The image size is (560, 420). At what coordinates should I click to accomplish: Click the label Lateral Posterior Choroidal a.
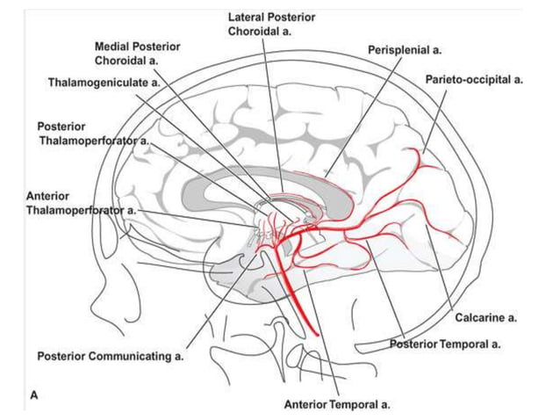[271, 24]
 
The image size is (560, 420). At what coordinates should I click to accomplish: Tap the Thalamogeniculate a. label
[104, 82]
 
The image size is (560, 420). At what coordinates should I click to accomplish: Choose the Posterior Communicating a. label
[110, 357]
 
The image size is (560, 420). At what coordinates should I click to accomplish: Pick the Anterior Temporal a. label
[337, 405]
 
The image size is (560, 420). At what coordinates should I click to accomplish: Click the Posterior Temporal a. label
[446, 344]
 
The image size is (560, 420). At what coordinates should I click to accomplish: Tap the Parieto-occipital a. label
[475, 79]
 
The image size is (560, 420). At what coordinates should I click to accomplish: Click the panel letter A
[34, 395]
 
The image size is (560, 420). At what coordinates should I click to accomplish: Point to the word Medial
[115, 46]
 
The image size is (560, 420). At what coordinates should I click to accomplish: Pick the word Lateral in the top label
[247, 17]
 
